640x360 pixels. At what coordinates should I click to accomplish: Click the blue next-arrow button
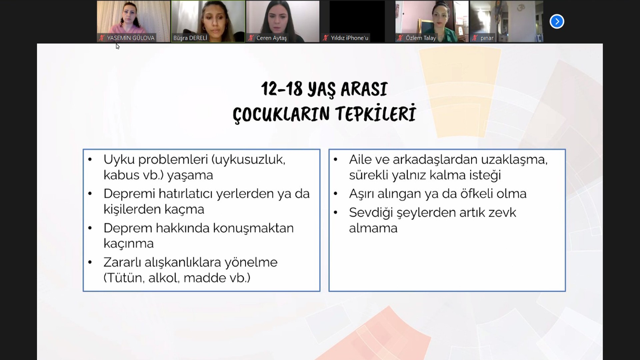pyautogui.click(x=557, y=22)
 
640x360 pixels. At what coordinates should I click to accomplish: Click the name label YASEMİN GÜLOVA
pyautogui.click(x=131, y=38)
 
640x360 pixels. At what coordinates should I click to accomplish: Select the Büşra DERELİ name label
pyautogui.click(x=190, y=38)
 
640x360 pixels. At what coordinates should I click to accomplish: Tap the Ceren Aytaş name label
pyautogui.click(x=271, y=38)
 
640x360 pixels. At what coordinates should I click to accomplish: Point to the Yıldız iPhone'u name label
pyautogui.click(x=349, y=38)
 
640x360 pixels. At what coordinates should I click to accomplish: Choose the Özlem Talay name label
pyautogui.click(x=421, y=38)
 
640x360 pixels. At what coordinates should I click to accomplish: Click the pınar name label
pyautogui.click(x=487, y=38)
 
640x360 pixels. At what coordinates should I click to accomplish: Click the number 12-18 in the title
pyautogui.click(x=282, y=89)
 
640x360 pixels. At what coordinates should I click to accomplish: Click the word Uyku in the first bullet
pyautogui.click(x=118, y=160)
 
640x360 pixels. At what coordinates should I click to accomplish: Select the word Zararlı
pyautogui.click(x=122, y=262)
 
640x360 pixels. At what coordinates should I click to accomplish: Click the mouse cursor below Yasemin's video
pyautogui.click(x=117, y=46)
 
